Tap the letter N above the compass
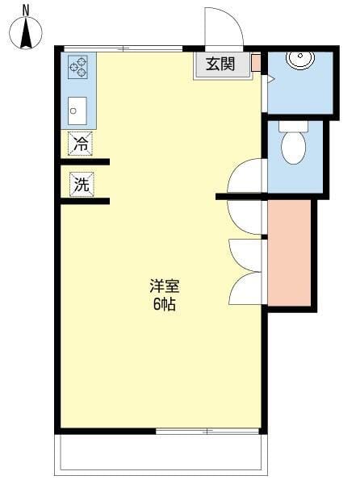[x=26, y=9]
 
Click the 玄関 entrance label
[x=220, y=65]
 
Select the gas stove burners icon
[x=79, y=67]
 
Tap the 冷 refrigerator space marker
[x=80, y=144]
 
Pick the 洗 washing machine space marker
[x=81, y=183]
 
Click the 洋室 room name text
[x=164, y=286]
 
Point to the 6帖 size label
[x=164, y=304]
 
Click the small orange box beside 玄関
[x=255, y=63]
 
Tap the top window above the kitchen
[x=121, y=48]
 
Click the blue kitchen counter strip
[x=79, y=89]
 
